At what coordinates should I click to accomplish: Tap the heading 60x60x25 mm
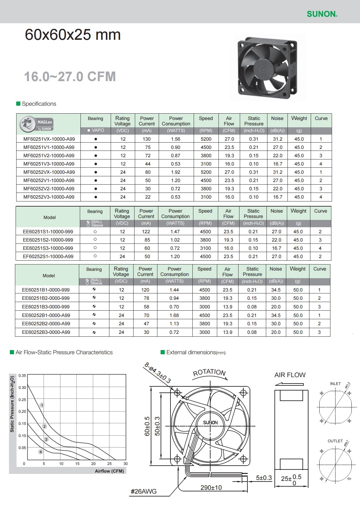[73, 35]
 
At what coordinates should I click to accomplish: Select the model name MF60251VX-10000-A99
[49, 139]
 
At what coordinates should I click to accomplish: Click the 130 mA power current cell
[147, 139]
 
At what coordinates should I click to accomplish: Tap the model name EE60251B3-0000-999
[46, 307]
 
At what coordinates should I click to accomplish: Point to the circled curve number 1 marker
[42, 405]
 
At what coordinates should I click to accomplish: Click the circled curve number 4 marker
[41, 452]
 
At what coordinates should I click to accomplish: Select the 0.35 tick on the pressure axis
[22, 376]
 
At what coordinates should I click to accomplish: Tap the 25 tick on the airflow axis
[110, 464]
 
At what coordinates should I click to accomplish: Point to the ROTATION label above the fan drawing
[209, 372]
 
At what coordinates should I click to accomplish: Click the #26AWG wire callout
[144, 491]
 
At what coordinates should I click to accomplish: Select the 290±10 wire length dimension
[211, 488]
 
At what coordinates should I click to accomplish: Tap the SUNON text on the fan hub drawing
[211, 423]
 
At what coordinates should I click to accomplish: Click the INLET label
[335, 384]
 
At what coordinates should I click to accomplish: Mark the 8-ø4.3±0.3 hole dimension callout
[158, 373]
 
